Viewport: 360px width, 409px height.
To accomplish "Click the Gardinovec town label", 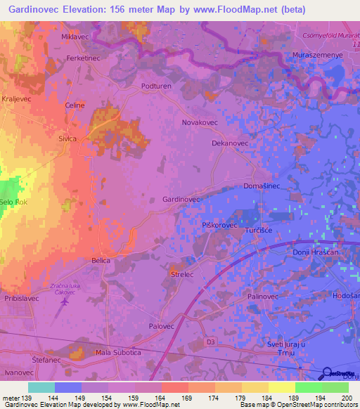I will pos(182,200).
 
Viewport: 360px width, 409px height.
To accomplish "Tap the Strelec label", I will pos(182,275).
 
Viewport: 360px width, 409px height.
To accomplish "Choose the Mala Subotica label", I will pos(118,352).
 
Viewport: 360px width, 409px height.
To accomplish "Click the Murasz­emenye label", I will pos(317,54).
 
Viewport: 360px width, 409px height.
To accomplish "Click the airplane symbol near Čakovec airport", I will pos(66,302).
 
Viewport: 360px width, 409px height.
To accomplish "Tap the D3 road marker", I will pos(210,342).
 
